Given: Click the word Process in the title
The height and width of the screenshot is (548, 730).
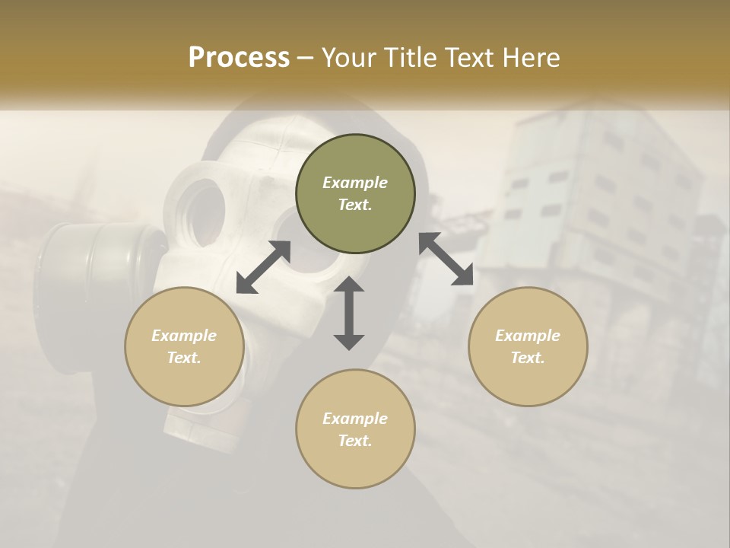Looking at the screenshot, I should (x=239, y=58).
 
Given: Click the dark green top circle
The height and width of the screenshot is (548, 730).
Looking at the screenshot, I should (x=355, y=194).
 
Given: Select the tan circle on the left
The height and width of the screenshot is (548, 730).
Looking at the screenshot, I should (x=184, y=346).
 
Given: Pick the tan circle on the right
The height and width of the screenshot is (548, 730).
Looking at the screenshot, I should (x=528, y=346).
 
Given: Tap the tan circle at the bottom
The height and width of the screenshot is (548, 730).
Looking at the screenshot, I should (x=355, y=429).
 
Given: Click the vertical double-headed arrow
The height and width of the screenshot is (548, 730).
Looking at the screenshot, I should (x=349, y=313).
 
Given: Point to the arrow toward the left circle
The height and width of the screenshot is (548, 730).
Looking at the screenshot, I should (x=263, y=266).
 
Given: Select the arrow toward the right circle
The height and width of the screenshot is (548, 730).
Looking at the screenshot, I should (x=446, y=259).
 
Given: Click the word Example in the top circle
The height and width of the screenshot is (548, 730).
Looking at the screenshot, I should (x=355, y=183).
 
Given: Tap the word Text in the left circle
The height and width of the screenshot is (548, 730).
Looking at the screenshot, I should (x=184, y=358).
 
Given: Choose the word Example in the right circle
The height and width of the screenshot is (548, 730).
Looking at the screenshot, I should (x=528, y=336).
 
